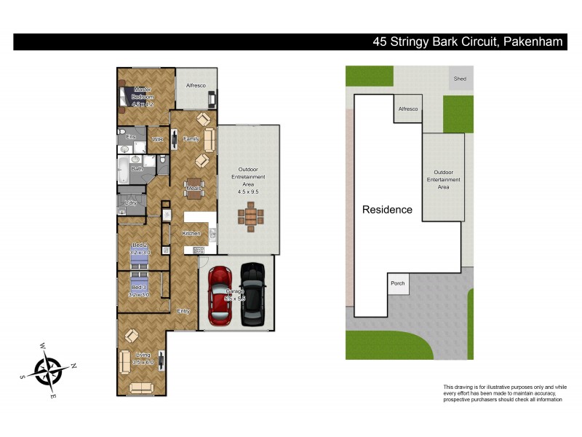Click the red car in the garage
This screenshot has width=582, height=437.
click(x=220, y=295)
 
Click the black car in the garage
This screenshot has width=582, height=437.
click(x=252, y=294)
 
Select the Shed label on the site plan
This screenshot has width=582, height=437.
click(x=460, y=78)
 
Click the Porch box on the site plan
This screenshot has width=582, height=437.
click(x=398, y=283)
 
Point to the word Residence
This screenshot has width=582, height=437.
click(x=387, y=210)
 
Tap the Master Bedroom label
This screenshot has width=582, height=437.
click(x=143, y=93)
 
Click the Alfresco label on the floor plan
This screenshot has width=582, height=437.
click(x=196, y=85)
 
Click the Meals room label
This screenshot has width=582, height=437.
click(x=194, y=189)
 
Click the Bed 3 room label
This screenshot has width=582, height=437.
click(x=139, y=288)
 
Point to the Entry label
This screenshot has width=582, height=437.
click(x=184, y=311)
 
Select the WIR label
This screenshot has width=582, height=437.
click(x=156, y=138)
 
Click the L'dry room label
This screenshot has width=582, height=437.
click(x=132, y=202)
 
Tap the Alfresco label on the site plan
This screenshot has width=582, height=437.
click(x=407, y=109)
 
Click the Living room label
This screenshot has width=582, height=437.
click(x=143, y=355)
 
